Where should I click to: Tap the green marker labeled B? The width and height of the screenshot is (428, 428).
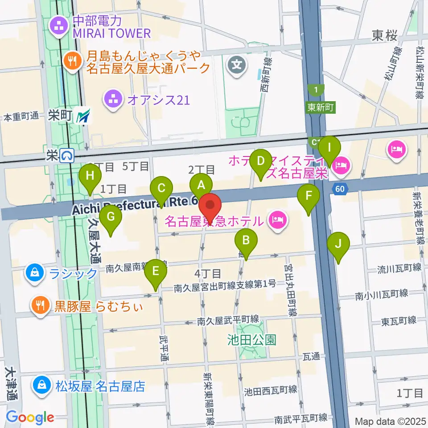click(x=246, y=240)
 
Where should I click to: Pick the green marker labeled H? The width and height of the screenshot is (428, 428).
click(x=90, y=175)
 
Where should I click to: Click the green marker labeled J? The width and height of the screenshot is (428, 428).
click(x=338, y=243)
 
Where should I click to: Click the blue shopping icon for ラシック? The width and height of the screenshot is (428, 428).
click(x=35, y=273)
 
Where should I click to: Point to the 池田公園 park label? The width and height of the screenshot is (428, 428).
click(x=251, y=340)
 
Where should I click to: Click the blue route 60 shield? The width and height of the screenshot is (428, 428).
click(x=339, y=189)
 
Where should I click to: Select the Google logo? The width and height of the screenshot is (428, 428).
click(x=30, y=417)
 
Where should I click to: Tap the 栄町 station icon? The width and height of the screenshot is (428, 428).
click(x=83, y=117)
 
